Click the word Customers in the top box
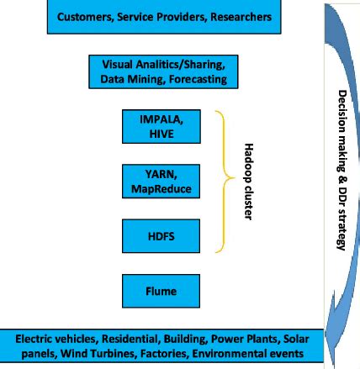[84, 17]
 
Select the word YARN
[161, 175]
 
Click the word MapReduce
[161, 187]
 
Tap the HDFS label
[161, 237]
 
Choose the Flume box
[161, 291]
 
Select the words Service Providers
[162, 17]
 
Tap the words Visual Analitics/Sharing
[163, 65]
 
